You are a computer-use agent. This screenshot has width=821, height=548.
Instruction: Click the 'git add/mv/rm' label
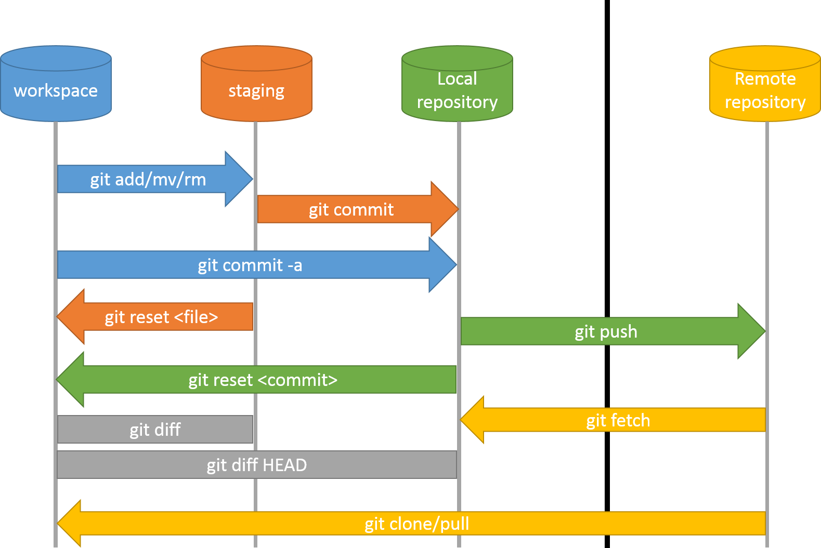[x=148, y=180]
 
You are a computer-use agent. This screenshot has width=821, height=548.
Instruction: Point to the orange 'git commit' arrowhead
[x=444, y=209]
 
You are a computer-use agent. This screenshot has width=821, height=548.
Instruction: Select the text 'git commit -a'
[x=250, y=265]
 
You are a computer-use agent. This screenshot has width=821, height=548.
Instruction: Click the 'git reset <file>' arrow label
[x=161, y=317]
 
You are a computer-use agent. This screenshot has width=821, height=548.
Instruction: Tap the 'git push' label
[x=606, y=331]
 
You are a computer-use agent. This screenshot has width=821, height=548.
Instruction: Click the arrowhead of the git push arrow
[x=751, y=331]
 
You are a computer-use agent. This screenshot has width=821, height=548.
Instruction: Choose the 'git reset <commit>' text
[x=263, y=380]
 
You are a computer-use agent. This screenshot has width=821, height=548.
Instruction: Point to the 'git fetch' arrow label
[x=618, y=420]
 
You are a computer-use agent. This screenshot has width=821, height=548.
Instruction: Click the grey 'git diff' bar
[x=155, y=430]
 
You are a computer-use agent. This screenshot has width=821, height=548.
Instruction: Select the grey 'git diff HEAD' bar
[x=256, y=465]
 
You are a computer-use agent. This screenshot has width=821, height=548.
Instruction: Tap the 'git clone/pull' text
[x=416, y=524]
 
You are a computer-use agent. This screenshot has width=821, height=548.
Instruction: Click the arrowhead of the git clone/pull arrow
[x=70, y=524]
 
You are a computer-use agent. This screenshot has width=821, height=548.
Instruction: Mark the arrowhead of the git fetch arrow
[x=473, y=420]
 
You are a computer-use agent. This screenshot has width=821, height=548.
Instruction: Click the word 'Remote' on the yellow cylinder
[x=765, y=79]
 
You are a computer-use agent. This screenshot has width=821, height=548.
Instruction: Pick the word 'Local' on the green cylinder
[x=457, y=79]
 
